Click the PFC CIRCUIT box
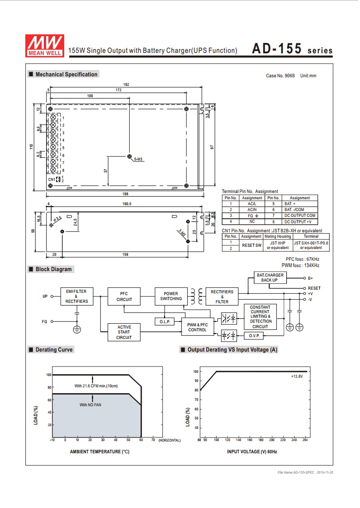[x=124, y=296]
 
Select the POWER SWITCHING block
[x=171, y=296]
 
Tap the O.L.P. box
[x=164, y=321]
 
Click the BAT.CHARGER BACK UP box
[x=270, y=278]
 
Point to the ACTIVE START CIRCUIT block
[x=124, y=332]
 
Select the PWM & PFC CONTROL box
[x=197, y=327]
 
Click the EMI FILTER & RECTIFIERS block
[x=76, y=296]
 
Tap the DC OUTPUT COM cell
[x=300, y=216]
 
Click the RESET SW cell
[x=251, y=245]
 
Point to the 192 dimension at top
[x=126, y=85]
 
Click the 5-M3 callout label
[x=138, y=160]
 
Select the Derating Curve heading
[x=54, y=349]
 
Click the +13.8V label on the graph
[x=297, y=376]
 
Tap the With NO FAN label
[x=90, y=405]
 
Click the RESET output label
[x=314, y=288]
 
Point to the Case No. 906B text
[x=280, y=75]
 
